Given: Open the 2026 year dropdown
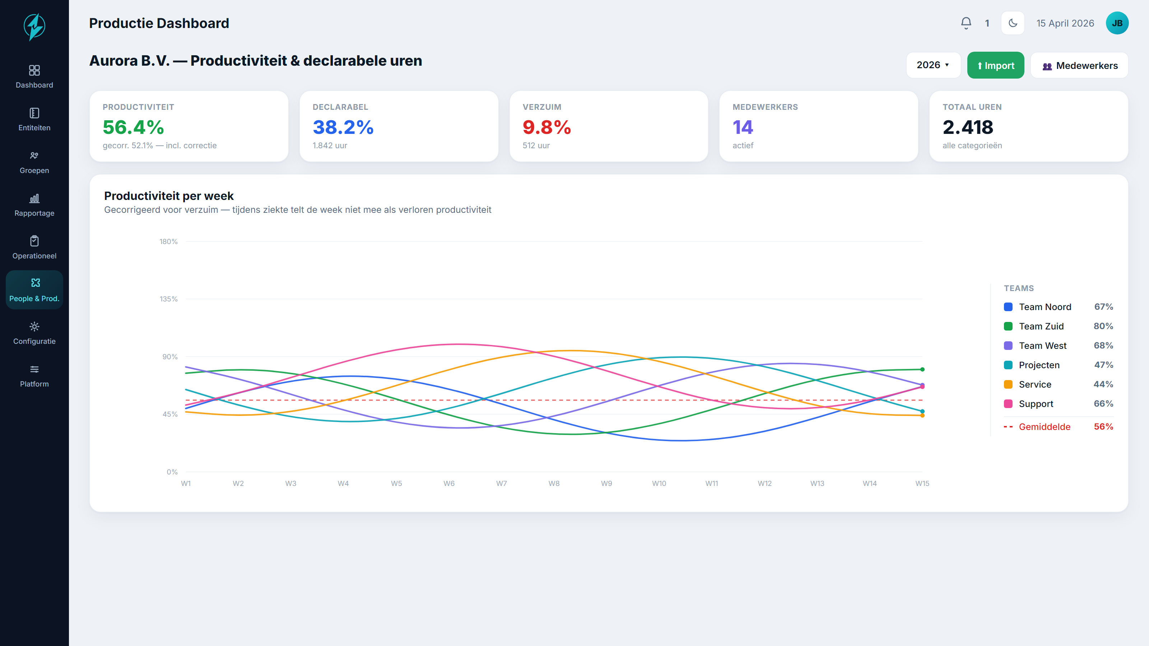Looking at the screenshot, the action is [x=933, y=65].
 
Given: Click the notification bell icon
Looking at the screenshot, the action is [x=966, y=23].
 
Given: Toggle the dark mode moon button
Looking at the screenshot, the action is [x=1013, y=23].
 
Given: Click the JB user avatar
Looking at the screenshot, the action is [x=1117, y=23].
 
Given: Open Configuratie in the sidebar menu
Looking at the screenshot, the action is [x=34, y=333].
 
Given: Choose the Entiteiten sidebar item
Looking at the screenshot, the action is [x=34, y=120].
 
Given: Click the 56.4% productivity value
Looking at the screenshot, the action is [x=133, y=127].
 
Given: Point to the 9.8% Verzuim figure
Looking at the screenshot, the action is [x=546, y=127].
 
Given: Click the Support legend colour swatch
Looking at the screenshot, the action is [x=1008, y=403].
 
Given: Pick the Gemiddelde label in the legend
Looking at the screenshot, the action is [x=1044, y=427].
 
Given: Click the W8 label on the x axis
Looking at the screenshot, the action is [x=554, y=483].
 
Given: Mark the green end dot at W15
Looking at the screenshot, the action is [x=922, y=369].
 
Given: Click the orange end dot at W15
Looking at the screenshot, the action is [x=922, y=416].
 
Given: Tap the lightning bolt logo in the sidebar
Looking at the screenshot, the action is [x=34, y=27].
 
